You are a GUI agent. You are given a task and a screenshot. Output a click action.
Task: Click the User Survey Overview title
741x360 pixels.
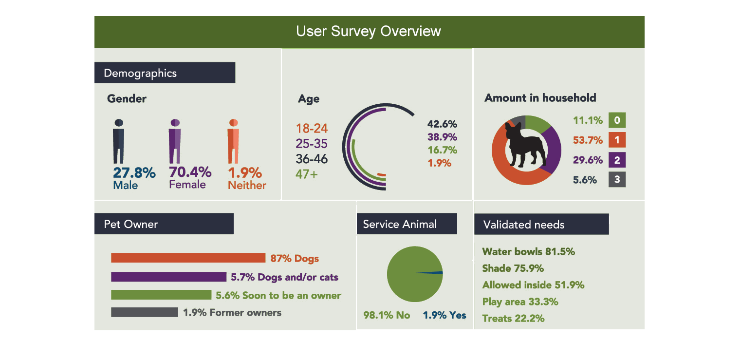click(x=369, y=32)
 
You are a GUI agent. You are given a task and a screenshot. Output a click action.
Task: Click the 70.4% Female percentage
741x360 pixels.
click(x=190, y=172)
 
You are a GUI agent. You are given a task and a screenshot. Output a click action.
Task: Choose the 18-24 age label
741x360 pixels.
click(x=312, y=129)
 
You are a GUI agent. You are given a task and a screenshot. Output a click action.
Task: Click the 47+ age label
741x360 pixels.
click(x=306, y=174)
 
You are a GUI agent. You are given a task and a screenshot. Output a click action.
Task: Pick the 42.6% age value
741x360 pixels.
click(x=442, y=124)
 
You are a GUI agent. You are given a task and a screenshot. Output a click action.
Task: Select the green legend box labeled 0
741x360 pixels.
click(x=617, y=120)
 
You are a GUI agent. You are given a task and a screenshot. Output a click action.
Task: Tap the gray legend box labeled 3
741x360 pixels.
click(x=617, y=179)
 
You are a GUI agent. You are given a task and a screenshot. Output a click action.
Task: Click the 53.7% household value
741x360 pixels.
click(x=588, y=140)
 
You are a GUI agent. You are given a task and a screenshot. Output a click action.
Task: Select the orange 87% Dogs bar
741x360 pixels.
click(x=188, y=258)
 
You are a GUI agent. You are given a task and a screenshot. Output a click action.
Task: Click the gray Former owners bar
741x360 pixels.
click(x=144, y=312)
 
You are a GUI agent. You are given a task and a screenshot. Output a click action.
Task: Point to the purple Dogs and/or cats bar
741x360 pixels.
click(x=168, y=277)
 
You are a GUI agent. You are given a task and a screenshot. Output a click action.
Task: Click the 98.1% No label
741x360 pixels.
click(x=387, y=315)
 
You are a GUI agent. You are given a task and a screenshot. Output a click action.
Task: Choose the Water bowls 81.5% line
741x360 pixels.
click(x=528, y=252)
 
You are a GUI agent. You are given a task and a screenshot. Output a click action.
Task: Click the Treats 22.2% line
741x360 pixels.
click(x=513, y=319)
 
